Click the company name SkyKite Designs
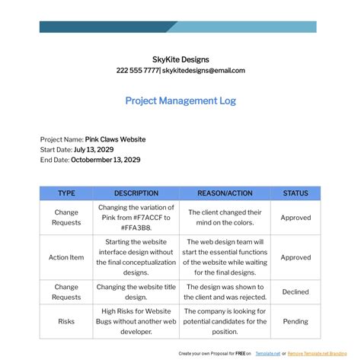pos(180,59)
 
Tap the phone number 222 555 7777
pos(138,70)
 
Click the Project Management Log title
pos(180,100)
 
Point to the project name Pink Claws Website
pos(115,139)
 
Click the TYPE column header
pos(66,193)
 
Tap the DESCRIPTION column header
pos(136,193)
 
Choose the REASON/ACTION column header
pos(225,193)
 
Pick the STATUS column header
pos(296,193)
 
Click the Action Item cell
pos(66,257)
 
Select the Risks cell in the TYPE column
pos(66,321)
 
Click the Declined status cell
pos(296,292)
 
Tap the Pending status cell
pos(296,321)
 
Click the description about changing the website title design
pos(136,292)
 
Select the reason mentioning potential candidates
pos(225,321)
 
